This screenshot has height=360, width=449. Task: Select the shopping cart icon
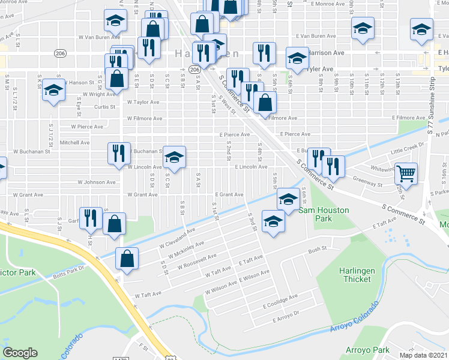click(406, 173)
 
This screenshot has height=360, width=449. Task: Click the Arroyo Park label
click(367, 349)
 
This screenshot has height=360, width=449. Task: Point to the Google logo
click(20, 353)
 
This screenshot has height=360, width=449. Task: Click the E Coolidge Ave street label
click(279, 297)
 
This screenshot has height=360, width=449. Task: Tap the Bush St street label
click(316, 250)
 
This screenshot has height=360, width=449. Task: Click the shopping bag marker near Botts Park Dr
click(127, 259)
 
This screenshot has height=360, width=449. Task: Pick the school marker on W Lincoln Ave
click(174, 158)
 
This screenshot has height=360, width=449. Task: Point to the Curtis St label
click(104, 107)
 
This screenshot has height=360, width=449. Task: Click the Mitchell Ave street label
click(74, 143)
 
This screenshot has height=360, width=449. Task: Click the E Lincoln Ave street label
click(250, 167)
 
